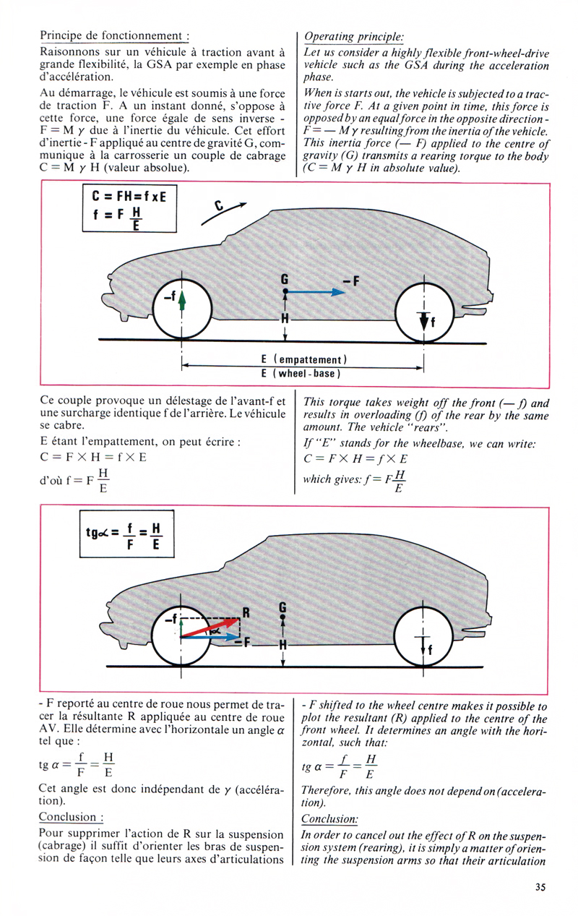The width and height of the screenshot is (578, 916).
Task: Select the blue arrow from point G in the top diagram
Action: [x=315, y=291]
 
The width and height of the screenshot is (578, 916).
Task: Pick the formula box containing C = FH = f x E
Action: [x=129, y=208]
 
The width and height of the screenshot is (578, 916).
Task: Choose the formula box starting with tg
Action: [x=126, y=534]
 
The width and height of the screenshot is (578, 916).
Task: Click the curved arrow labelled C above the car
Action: [x=223, y=213]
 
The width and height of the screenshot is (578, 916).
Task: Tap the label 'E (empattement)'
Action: [x=303, y=359]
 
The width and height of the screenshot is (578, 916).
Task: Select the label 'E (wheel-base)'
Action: [x=301, y=373]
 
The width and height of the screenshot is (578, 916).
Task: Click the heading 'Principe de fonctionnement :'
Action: [x=114, y=36]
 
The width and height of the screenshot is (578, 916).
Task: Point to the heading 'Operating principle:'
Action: [x=353, y=37]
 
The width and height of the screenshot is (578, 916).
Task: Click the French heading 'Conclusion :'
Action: [x=71, y=817]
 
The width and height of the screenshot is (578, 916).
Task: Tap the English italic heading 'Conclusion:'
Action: [x=329, y=818]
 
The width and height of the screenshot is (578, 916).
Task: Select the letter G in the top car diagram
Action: [x=285, y=279]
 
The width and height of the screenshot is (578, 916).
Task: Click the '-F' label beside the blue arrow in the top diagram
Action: [x=350, y=281]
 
